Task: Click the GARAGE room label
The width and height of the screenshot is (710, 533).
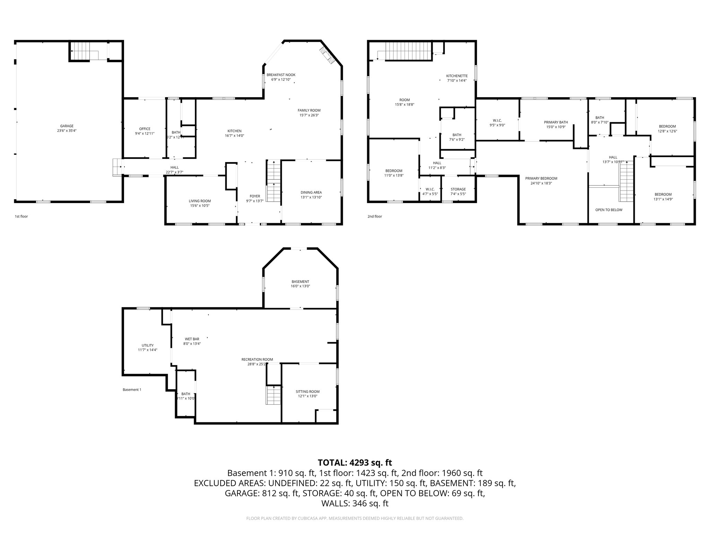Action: (x=67, y=126)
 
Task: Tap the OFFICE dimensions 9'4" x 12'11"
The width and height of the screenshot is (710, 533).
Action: (x=145, y=134)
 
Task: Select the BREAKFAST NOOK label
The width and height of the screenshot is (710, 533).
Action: (x=281, y=75)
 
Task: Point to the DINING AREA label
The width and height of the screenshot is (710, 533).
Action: (x=311, y=192)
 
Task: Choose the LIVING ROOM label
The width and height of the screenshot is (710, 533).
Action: (x=200, y=201)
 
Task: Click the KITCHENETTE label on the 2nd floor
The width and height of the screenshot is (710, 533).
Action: (x=457, y=76)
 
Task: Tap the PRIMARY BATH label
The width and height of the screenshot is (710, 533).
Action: (x=556, y=122)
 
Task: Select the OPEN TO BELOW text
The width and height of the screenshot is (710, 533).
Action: (x=609, y=210)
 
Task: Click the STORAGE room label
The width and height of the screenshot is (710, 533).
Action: (x=458, y=189)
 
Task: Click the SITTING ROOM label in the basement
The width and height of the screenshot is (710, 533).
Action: (x=308, y=391)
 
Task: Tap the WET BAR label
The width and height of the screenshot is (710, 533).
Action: (x=192, y=339)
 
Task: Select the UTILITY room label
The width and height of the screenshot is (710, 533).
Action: (x=147, y=345)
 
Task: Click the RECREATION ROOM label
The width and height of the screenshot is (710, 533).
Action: (x=257, y=359)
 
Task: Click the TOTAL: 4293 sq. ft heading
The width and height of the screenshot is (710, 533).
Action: (x=355, y=463)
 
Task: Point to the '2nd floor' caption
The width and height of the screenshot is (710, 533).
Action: (x=374, y=217)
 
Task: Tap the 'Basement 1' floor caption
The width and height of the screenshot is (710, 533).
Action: (x=132, y=389)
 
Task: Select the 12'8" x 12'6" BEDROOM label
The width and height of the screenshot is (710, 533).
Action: (x=667, y=126)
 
